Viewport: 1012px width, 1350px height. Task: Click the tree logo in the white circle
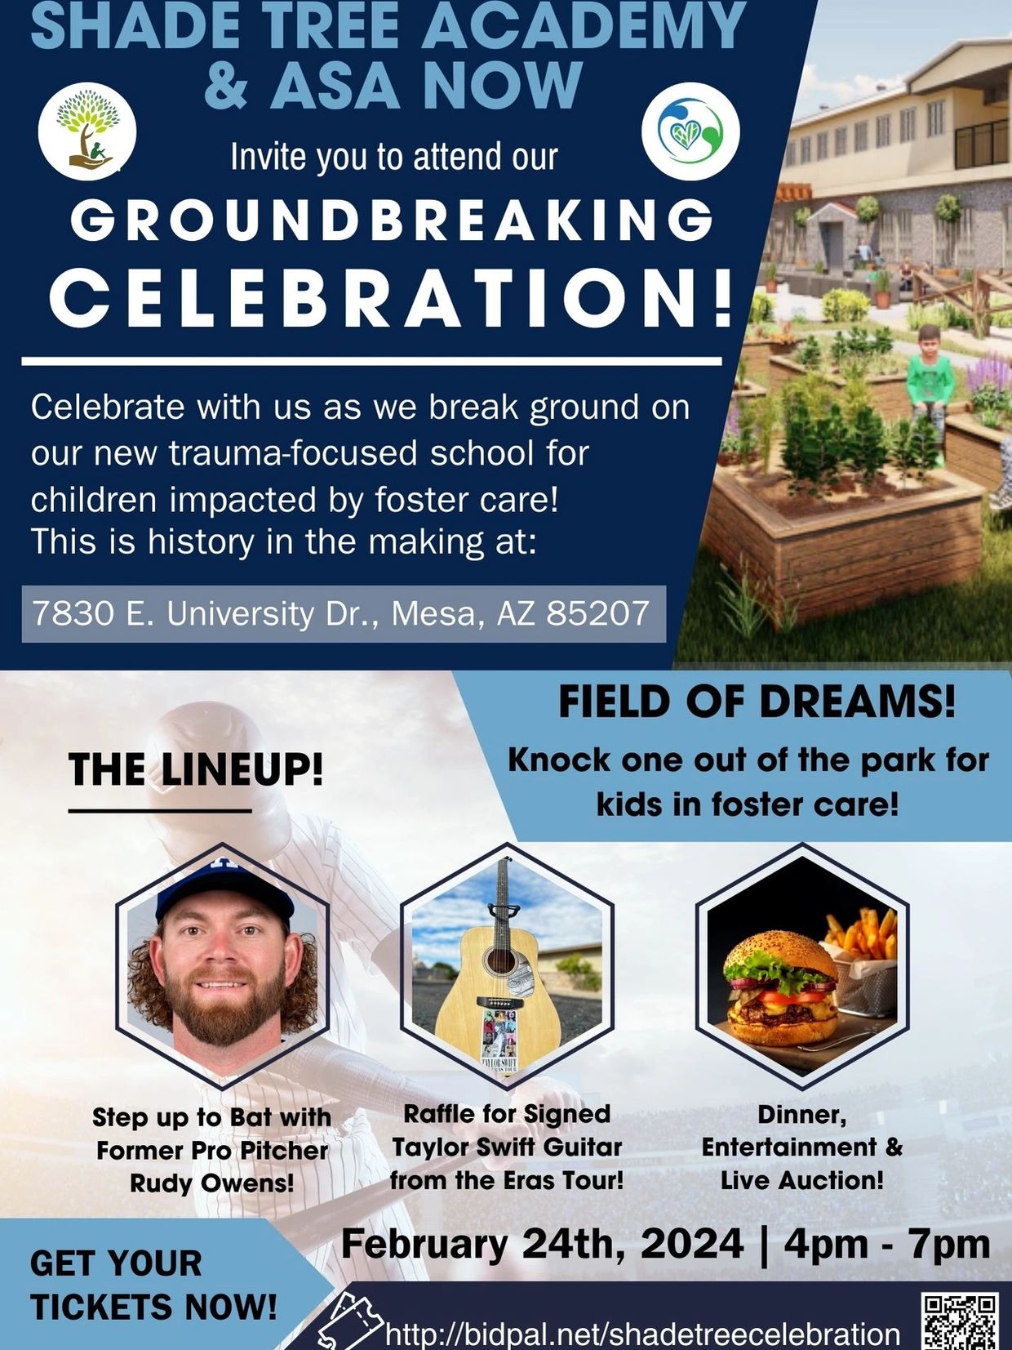[x=87, y=131]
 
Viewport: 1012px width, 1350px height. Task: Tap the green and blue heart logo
[x=690, y=131]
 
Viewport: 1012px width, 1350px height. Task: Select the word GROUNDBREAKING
[x=392, y=221]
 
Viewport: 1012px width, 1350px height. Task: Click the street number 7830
[x=70, y=613]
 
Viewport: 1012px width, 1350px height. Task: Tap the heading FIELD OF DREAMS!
[x=757, y=702]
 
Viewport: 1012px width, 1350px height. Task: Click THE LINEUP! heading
[x=196, y=770]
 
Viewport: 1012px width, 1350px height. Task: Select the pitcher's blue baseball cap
[x=224, y=890]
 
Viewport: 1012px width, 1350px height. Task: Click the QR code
[x=961, y=1320]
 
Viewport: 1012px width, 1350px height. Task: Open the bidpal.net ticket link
[x=642, y=1334]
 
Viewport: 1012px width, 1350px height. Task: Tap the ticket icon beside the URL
[x=351, y=1321]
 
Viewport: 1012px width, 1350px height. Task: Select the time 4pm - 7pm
[x=886, y=1245]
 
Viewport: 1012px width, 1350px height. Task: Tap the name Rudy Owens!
[x=212, y=1183]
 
